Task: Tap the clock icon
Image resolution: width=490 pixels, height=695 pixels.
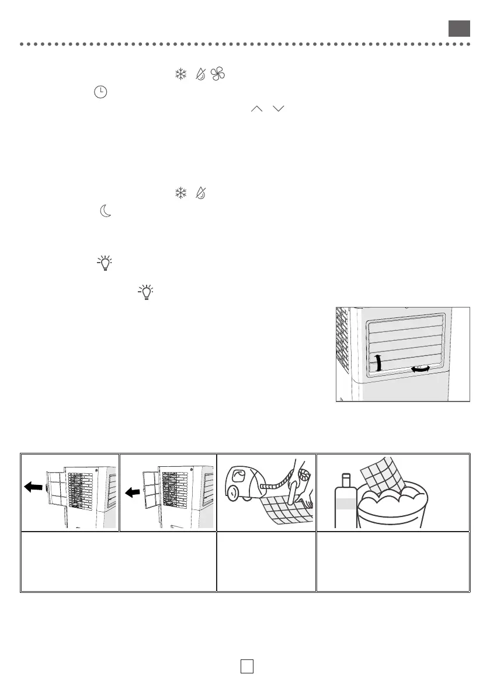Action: [100, 92]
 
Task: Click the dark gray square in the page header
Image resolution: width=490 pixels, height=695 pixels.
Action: [459, 28]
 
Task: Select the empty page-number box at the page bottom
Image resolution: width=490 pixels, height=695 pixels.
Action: [246, 666]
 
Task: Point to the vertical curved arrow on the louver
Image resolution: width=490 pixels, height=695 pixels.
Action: [377, 362]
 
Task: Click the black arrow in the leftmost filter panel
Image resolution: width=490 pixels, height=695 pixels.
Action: [33, 471]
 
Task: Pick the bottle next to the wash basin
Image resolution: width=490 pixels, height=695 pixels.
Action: [345, 501]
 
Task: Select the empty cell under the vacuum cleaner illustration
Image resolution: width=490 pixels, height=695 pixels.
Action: [266, 561]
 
